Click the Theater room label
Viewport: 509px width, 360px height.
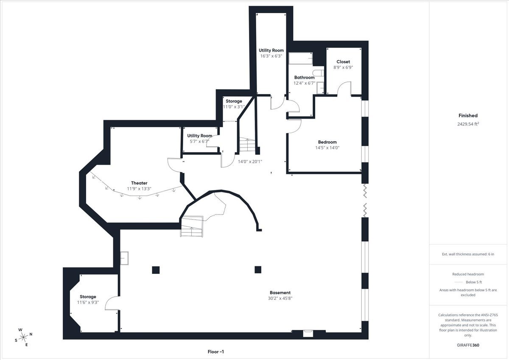(x=139, y=183)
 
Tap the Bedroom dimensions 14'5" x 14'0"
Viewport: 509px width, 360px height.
(x=327, y=148)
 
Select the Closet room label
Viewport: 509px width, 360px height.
(x=343, y=62)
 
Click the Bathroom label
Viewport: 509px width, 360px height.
(x=304, y=78)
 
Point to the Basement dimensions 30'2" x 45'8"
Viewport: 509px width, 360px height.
(x=280, y=298)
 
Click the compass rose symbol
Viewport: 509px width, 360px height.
(x=24, y=337)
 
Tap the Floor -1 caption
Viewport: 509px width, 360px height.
(x=215, y=352)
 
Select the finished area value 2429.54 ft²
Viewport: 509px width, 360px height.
(x=468, y=124)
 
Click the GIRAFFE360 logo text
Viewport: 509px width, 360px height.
(x=468, y=345)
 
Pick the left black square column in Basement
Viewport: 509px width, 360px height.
(x=156, y=270)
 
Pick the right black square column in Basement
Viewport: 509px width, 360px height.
(x=257, y=270)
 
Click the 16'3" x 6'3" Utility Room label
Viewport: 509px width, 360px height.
(x=271, y=50)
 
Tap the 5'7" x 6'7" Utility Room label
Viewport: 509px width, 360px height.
(x=200, y=136)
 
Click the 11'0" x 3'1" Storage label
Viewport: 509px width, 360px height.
(x=234, y=101)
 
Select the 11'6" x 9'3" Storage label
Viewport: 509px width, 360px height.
(x=88, y=297)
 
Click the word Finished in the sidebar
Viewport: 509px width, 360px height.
(x=468, y=115)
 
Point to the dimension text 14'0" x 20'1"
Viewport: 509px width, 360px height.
(x=250, y=162)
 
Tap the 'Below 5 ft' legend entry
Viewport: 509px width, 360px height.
(x=473, y=282)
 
